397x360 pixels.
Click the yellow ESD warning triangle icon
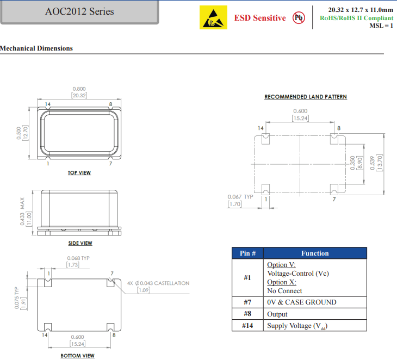(x=212, y=18)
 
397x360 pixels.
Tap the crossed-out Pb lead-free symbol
(x=299, y=18)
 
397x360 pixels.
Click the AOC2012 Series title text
(x=79, y=11)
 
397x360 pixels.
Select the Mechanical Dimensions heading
(x=36, y=48)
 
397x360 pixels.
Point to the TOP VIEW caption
(x=79, y=173)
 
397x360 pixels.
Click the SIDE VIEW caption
(x=80, y=244)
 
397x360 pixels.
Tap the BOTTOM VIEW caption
(x=77, y=356)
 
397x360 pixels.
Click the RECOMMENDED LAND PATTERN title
(x=305, y=97)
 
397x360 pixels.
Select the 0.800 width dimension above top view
(x=79, y=89)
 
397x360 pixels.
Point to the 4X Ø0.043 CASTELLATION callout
(x=158, y=283)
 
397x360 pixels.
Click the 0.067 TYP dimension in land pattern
(x=240, y=197)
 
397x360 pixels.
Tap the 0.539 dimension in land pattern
(x=373, y=162)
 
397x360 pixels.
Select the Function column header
(x=315, y=253)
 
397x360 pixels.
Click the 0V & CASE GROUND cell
(x=301, y=302)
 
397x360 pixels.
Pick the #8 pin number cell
(x=247, y=314)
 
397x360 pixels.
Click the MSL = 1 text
(x=381, y=26)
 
